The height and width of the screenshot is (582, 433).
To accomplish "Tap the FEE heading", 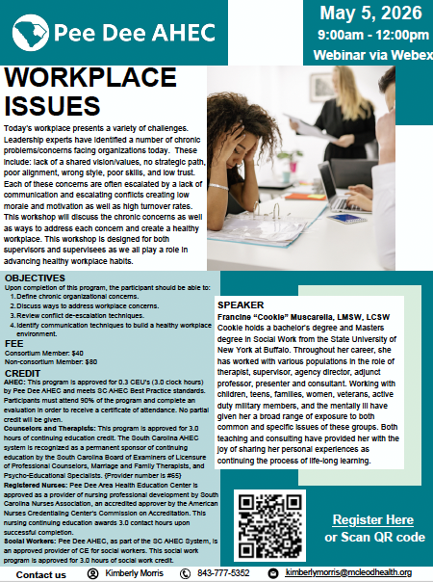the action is [13, 343].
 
